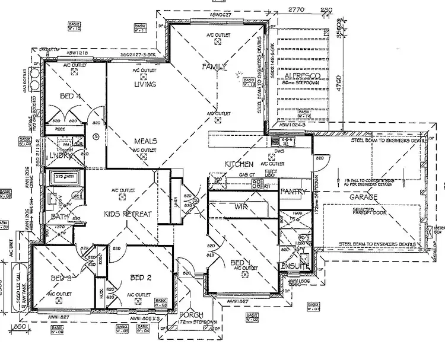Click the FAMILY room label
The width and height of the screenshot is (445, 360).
215,66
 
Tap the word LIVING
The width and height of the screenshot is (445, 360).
145,85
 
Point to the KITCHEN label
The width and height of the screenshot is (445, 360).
239,164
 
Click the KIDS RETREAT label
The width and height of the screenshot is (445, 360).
129,214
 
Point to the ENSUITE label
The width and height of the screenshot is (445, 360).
295,266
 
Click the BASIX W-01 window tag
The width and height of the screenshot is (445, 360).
313,307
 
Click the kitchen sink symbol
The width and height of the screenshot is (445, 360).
286,141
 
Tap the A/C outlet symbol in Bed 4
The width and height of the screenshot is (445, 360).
74,71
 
